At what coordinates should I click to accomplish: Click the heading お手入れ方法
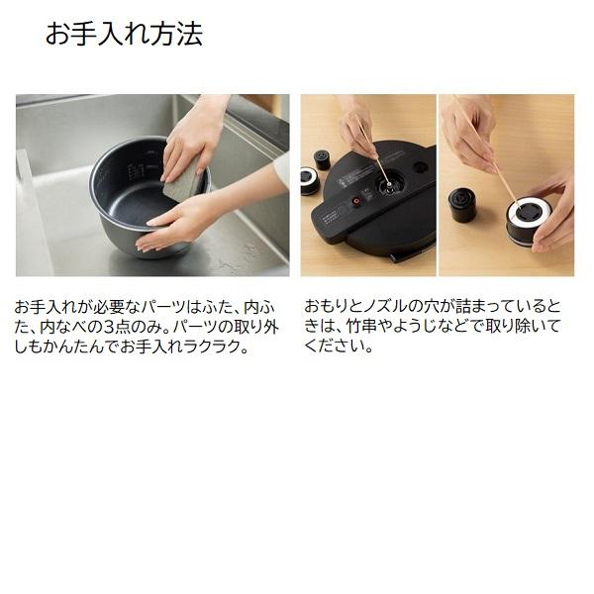pos(124,35)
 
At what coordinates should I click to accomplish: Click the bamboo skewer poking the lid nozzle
pos(370,148)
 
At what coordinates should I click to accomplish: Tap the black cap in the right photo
pos(461,203)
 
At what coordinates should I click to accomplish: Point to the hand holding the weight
pos(554,213)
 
